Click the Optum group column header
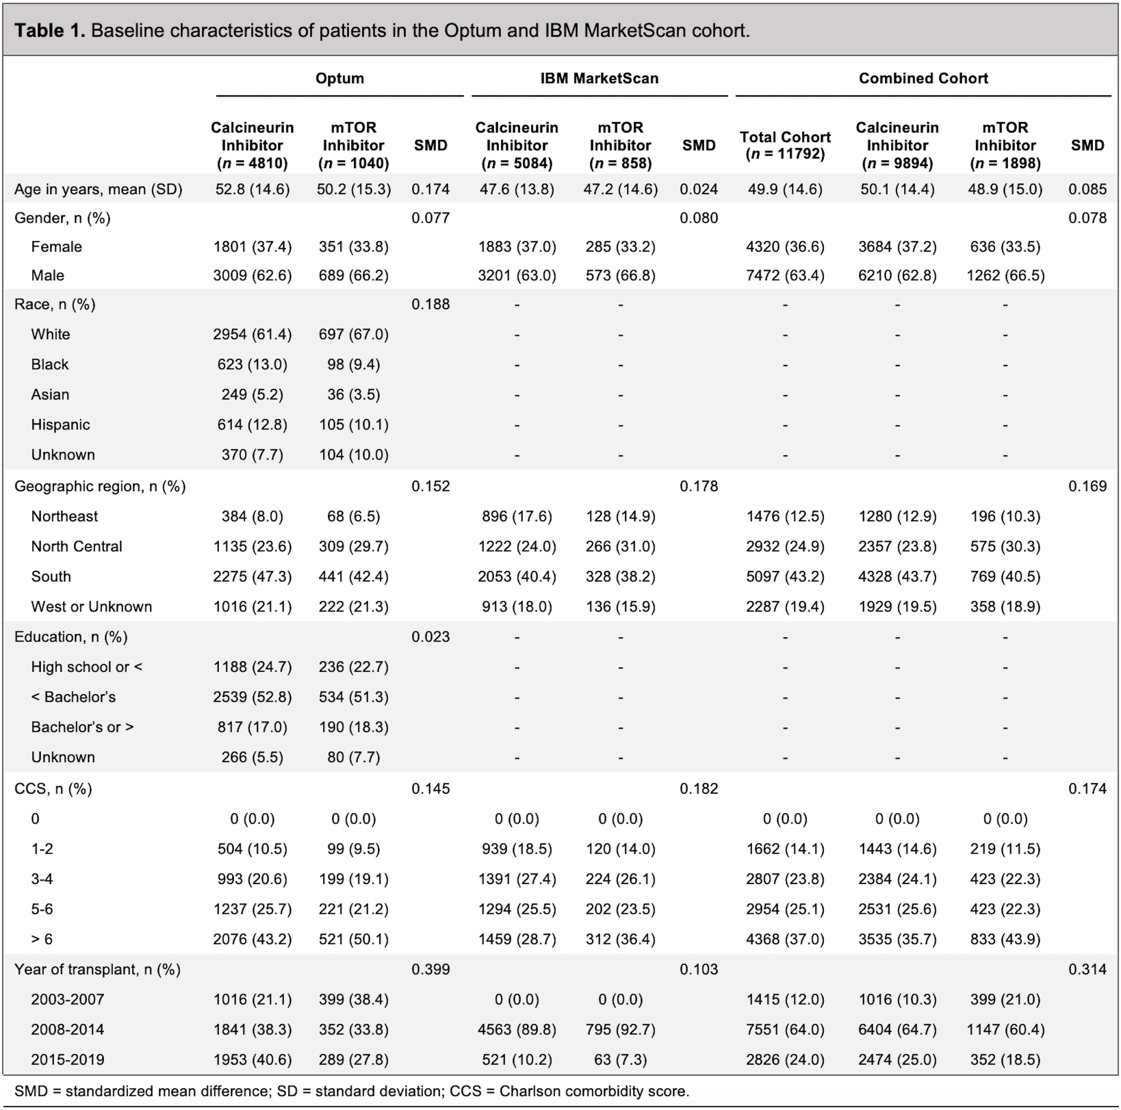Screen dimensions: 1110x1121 click(339, 78)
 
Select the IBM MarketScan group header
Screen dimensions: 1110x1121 click(599, 78)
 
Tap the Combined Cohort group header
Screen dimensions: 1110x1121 click(923, 78)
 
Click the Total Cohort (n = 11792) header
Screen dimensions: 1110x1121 click(785, 145)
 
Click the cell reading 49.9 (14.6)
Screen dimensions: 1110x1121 click(785, 189)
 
